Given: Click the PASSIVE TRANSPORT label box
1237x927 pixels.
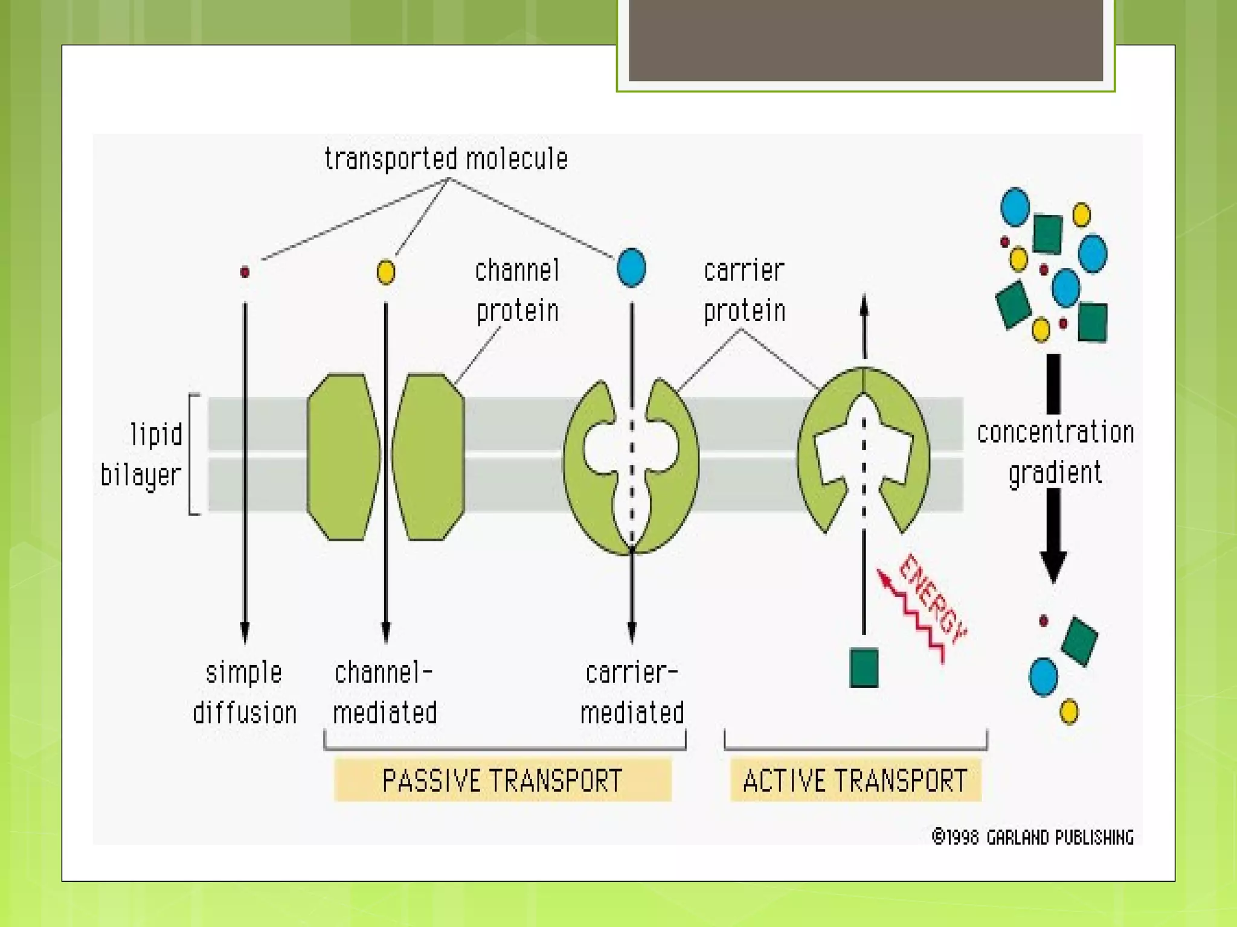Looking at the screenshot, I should [x=503, y=780].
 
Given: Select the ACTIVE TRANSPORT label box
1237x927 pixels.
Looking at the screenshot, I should [x=855, y=780].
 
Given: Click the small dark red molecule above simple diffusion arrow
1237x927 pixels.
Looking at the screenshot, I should [x=245, y=272].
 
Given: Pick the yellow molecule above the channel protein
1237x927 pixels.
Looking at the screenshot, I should [x=386, y=272].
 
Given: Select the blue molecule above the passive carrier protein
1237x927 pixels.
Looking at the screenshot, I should [x=631, y=268].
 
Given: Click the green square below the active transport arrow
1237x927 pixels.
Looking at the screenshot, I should [x=864, y=667].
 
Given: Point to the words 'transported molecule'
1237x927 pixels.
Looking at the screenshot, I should [x=446, y=159].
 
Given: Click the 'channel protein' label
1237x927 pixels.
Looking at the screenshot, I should [x=517, y=291].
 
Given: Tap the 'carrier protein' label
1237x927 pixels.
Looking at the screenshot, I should [x=744, y=291].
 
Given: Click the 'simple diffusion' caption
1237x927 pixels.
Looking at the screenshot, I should [x=245, y=693].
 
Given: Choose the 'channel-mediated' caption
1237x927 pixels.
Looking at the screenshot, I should [x=385, y=693].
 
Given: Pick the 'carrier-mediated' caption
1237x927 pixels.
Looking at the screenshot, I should [x=632, y=693].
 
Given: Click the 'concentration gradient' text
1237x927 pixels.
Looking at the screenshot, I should [x=1055, y=453].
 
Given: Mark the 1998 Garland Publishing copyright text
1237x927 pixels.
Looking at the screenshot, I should [x=1032, y=837].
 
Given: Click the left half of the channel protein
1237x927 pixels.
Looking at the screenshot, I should [x=343, y=457].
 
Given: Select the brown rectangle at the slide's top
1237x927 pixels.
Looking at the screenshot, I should [x=866, y=39].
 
